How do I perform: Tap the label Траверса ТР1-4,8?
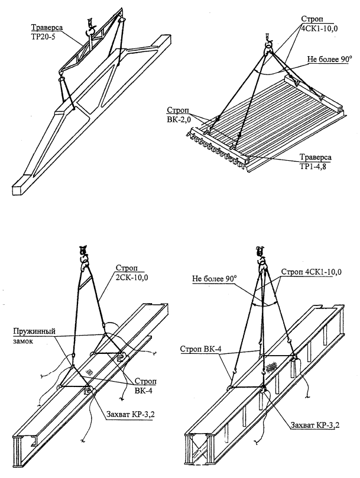pyautogui.click(x=315, y=162)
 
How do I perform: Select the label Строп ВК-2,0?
pyautogui.click(x=180, y=114)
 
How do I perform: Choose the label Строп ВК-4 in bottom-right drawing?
pyautogui.click(x=200, y=350)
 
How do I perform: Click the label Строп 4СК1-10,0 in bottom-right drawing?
pyautogui.click(x=310, y=272)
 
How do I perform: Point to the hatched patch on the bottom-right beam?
pyautogui.click(x=270, y=366)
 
